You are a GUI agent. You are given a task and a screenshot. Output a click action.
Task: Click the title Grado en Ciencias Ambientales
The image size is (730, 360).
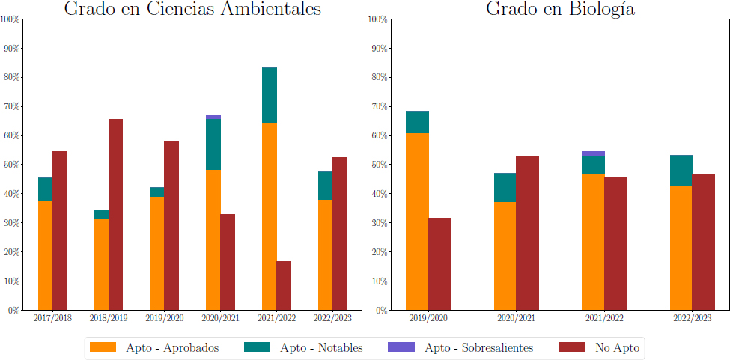(192, 9)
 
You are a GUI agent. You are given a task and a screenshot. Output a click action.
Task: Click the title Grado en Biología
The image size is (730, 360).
(560, 9)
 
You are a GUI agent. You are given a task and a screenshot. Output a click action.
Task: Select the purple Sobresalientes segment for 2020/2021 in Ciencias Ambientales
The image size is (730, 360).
(213, 117)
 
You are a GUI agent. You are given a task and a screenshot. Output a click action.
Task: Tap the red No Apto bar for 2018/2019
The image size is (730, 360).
(115, 214)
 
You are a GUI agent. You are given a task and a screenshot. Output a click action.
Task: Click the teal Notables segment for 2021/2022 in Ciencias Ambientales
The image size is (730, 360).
(270, 95)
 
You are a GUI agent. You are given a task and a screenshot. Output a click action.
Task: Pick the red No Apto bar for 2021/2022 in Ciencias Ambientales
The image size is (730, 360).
(284, 286)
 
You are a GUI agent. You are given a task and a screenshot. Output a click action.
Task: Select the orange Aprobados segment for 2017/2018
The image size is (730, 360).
(45, 255)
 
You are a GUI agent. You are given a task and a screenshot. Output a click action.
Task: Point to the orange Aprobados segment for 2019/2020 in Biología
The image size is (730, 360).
(417, 222)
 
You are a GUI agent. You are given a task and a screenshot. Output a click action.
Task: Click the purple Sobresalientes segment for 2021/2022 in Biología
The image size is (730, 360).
(593, 153)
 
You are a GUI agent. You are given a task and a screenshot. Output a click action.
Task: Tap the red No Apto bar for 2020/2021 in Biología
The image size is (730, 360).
(528, 233)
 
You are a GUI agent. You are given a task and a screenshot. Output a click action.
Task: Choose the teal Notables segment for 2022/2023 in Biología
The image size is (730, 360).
(681, 171)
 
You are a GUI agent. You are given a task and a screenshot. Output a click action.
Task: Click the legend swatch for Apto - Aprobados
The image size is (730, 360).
(103, 347)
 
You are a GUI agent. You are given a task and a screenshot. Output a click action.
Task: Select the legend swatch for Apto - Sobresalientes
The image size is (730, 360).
(401, 347)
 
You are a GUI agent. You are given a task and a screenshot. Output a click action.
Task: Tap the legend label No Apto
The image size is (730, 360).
(618, 347)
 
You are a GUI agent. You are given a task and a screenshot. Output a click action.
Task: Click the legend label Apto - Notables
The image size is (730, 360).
(321, 347)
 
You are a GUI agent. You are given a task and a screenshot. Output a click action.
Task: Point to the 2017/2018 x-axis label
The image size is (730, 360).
(52, 318)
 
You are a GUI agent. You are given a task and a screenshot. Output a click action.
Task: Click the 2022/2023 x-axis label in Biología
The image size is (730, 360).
(693, 318)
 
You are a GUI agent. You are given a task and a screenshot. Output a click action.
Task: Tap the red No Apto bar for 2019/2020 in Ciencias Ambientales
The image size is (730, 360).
(171, 225)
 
